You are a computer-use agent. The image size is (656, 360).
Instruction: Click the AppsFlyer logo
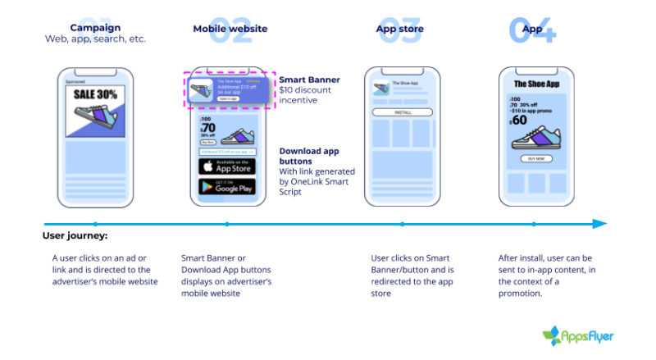[578, 335]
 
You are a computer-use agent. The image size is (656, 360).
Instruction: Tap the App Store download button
[227, 166]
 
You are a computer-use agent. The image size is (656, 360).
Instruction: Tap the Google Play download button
[227, 187]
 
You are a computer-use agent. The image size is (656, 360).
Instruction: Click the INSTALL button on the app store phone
[402, 112]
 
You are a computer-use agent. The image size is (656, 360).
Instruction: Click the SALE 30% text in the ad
[94, 93]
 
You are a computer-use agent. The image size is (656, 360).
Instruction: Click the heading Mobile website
[230, 29]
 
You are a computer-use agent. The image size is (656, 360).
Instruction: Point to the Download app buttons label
[309, 156]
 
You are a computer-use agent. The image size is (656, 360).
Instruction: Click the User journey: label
[75, 237]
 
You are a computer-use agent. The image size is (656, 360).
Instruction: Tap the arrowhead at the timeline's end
[600, 223]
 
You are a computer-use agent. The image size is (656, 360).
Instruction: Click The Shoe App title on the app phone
[536, 84]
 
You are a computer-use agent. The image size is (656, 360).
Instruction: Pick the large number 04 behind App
[532, 30]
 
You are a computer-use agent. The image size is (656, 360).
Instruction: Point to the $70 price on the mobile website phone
[207, 127]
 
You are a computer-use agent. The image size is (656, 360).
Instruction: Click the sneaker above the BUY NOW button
[535, 138]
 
